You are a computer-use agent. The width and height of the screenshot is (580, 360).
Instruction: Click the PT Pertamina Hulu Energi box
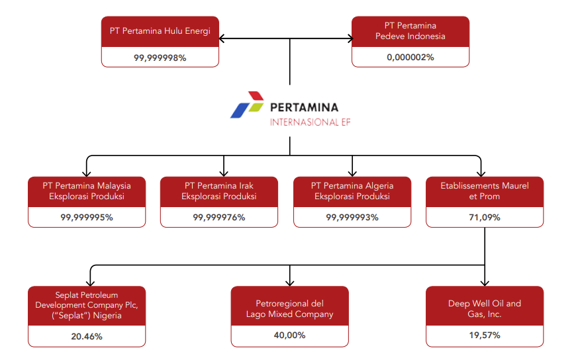pos(160,31)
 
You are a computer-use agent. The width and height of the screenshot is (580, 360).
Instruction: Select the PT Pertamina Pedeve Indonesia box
pos(410,31)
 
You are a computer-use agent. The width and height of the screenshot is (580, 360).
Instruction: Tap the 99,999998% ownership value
pos(160,58)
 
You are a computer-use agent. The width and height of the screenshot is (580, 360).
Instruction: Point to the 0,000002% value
pos(410,58)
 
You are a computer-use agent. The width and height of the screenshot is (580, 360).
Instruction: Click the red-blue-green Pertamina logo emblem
pos(247,105)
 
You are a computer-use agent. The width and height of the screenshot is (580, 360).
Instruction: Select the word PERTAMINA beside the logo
pos(304,107)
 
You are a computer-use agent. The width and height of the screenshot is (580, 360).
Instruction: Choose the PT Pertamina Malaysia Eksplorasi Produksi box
pos(87,191)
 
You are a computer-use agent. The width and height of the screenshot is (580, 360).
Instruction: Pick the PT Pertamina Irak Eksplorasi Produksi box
pos(219,191)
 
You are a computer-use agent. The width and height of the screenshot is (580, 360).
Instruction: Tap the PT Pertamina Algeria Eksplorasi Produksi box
pos(352,191)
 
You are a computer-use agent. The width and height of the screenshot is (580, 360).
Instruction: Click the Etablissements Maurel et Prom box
pos(485,191)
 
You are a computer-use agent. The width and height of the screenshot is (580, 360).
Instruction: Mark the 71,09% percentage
pos(485,218)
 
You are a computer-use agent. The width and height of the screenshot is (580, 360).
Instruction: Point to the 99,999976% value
pos(219,218)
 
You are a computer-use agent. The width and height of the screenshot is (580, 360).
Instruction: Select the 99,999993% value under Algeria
pos(352,218)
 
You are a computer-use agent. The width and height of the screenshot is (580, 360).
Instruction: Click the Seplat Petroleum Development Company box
pos(87,305)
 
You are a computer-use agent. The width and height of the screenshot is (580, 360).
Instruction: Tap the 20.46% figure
pos(87,336)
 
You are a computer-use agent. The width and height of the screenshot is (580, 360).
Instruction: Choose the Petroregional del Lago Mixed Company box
pos(289,308)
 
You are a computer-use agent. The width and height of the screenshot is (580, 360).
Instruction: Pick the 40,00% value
pos(289,336)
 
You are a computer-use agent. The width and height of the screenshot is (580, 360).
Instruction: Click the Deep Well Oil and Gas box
pos(485,308)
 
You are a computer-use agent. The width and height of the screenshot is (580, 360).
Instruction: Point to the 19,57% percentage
pos(485,336)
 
